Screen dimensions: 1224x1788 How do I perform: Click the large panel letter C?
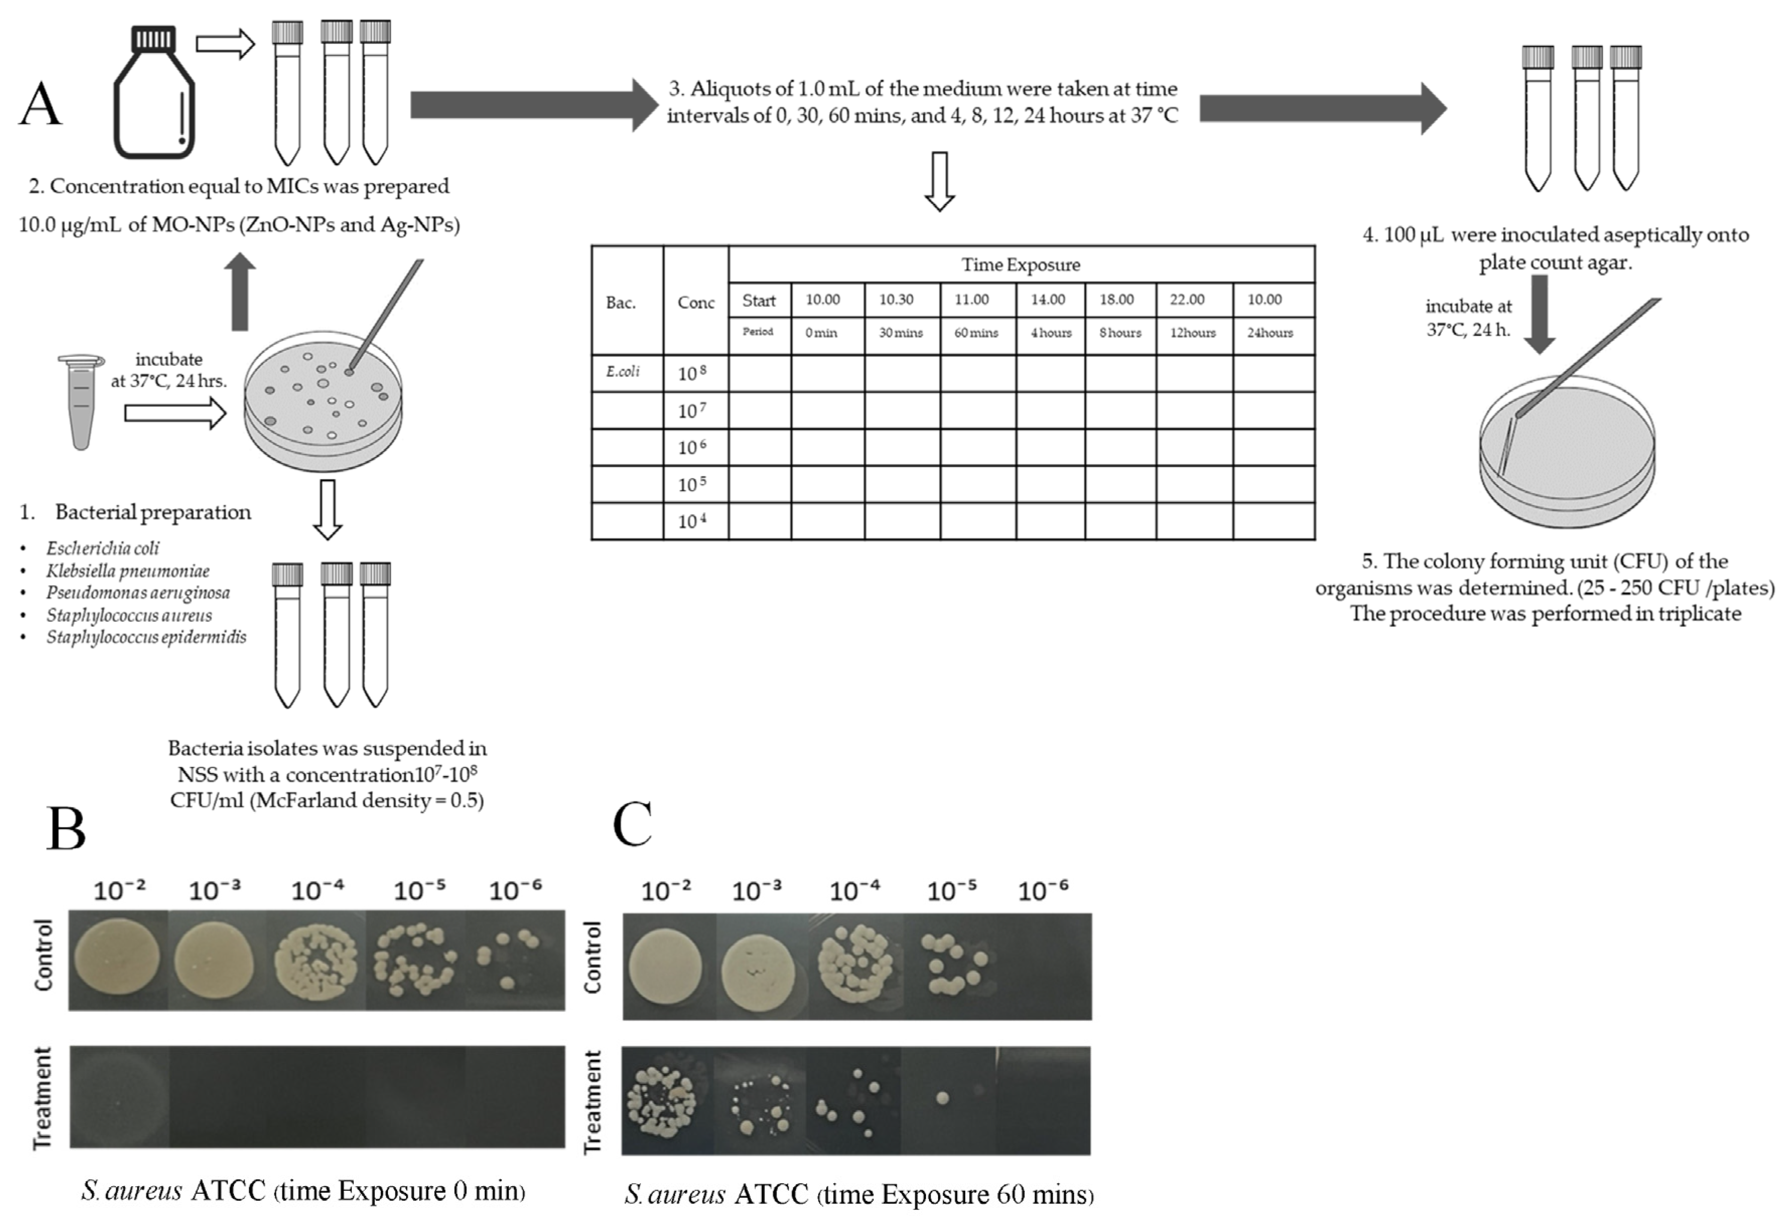pos(633,825)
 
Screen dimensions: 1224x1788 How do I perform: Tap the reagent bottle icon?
pos(154,92)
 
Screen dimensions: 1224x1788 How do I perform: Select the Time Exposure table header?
pos(1020,265)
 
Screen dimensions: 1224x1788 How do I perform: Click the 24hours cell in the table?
pos(1270,333)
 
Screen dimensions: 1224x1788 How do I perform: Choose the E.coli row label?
pos(623,371)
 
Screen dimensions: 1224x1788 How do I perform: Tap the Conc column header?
pos(695,302)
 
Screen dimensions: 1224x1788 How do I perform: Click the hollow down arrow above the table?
pos(940,182)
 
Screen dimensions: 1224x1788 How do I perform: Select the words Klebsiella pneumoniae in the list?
pos(128,571)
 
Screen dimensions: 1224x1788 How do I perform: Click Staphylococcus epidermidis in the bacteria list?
pos(146,637)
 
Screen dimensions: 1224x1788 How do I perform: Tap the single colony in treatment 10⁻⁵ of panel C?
pos(943,1098)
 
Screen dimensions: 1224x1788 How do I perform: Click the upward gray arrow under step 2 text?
pos(240,292)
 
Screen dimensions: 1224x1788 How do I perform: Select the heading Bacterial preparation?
pos(152,512)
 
